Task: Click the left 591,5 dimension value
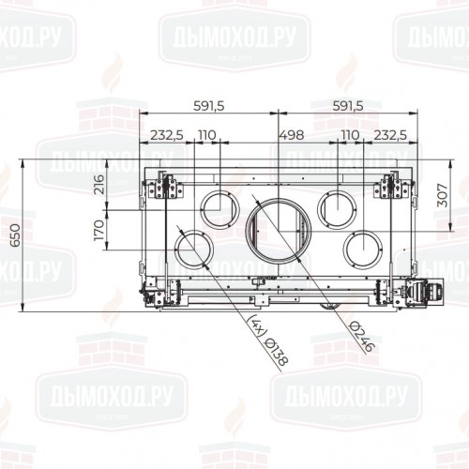coord(206,106)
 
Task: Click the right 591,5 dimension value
coord(343,106)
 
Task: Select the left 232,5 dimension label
coord(166,135)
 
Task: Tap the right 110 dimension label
coord(350,135)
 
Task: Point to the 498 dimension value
coord(292,135)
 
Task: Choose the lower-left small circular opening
coord(190,249)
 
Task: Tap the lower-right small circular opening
coord(361,249)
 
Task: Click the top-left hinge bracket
coord(164,188)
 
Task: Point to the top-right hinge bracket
coord(389,188)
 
